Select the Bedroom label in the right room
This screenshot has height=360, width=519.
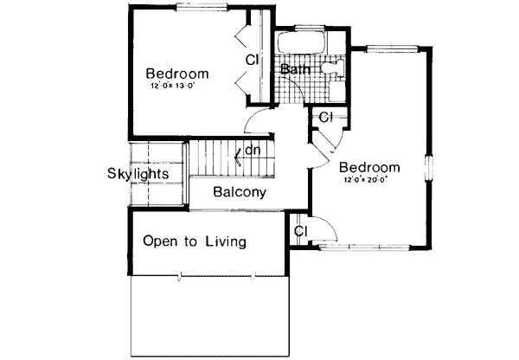369,167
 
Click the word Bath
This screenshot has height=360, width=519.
295,68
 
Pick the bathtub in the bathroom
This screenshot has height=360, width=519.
300,42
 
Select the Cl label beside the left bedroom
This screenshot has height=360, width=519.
252,61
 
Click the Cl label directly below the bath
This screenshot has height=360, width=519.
325,117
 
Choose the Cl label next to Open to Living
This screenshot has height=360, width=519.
301,231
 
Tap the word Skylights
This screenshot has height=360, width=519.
138,173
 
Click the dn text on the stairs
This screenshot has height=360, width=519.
253,151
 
